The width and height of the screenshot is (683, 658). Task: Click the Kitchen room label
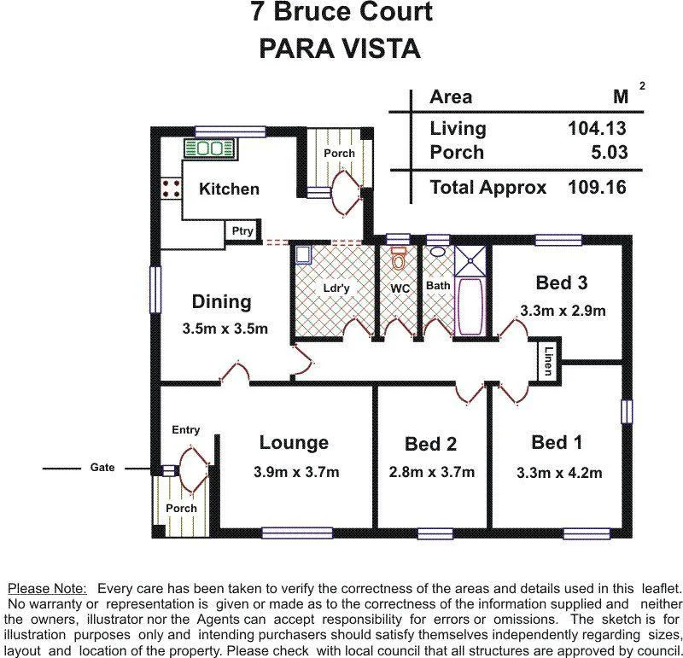click(229, 189)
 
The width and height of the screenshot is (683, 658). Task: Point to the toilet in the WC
click(398, 257)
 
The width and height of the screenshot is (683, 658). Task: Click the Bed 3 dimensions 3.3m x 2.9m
click(563, 311)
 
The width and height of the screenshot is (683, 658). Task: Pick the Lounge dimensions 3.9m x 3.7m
click(295, 472)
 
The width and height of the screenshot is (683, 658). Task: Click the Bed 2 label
click(430, 444)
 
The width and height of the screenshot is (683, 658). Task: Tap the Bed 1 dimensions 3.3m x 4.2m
click(559, 473)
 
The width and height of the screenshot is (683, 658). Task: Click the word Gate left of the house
click(103, 468)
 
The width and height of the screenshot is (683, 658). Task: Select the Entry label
click(185, 429)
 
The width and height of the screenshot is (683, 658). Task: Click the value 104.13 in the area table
click(597, 129)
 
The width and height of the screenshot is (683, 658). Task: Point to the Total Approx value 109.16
click(597, 187)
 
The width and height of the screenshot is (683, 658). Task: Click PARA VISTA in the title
click(340, 49)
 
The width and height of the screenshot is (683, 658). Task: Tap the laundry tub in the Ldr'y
click(303, 254)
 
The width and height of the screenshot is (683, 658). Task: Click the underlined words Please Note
click(47, 589)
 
